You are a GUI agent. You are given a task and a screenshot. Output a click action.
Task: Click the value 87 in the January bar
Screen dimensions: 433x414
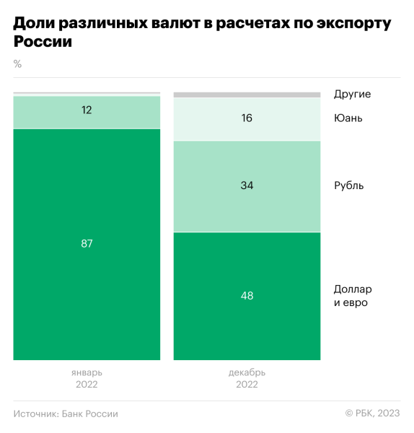87,244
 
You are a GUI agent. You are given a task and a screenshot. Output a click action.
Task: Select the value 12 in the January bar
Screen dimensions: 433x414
87,110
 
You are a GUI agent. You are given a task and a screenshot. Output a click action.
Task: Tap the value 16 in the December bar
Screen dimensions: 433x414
247,118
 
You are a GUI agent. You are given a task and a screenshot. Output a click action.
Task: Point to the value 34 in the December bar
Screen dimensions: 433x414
247,185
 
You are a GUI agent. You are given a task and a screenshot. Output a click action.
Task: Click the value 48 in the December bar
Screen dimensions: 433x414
247,295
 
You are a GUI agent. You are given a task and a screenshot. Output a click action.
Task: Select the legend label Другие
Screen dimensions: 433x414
352,94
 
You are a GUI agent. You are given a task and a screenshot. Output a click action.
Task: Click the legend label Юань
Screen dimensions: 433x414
348,118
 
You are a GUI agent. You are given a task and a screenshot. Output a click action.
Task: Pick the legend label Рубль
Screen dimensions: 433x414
349,185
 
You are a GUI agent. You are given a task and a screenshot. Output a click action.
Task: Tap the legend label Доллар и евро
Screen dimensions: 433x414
353,295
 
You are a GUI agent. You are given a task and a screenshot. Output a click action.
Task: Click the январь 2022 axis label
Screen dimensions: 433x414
87,378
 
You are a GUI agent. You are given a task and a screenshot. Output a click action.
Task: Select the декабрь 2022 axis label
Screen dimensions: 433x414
247,378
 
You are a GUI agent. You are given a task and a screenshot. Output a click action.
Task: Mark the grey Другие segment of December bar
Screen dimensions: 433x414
247,95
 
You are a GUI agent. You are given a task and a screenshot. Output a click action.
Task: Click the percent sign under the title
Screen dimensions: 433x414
17,64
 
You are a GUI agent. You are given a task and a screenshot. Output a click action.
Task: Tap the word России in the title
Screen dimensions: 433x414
43,43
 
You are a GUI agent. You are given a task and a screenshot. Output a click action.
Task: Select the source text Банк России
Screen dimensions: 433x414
89,414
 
